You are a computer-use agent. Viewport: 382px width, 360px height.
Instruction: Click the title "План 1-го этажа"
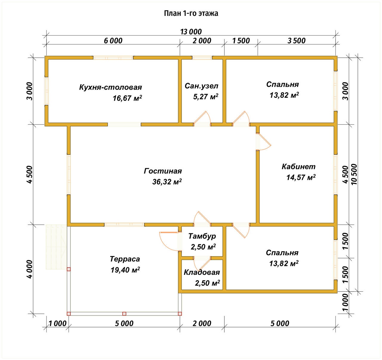[191, 13]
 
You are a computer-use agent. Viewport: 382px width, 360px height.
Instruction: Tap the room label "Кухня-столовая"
[111, 87]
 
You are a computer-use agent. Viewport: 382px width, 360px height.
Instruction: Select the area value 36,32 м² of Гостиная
[167, 182]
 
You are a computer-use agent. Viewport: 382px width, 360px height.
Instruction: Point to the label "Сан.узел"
[201, 86]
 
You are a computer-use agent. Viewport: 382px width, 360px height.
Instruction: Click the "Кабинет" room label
[298, 167]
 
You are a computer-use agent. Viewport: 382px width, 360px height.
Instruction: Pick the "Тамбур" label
[202, 236]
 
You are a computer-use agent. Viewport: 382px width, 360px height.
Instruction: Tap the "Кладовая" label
[202, 272]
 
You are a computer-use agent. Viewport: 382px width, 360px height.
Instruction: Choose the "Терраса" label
[125, 259]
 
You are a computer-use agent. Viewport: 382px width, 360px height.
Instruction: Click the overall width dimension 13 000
[191, 32]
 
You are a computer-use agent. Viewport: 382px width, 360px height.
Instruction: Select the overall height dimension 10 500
[354, 174]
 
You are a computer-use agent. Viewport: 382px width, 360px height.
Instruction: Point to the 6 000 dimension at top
[113, 41]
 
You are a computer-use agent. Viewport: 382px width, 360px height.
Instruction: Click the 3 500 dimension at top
[296, 41]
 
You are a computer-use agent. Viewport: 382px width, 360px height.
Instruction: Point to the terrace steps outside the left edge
[56, 247]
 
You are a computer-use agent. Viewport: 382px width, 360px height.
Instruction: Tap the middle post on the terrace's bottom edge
[124, 314]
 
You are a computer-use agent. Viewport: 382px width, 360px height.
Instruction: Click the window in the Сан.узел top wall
[202, 58]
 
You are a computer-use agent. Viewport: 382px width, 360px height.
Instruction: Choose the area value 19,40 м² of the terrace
[125, 270]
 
